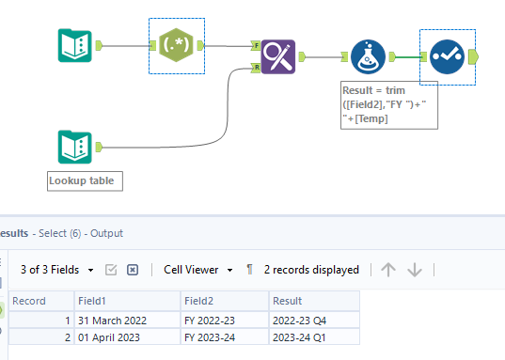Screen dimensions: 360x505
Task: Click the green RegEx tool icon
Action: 176,45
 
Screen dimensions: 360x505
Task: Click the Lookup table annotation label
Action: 85,180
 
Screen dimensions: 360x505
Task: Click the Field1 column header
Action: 126,301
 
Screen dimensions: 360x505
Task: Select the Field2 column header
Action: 224,301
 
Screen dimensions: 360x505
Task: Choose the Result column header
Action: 312,301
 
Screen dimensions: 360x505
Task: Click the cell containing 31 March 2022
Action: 126,319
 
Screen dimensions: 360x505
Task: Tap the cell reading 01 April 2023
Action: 126,337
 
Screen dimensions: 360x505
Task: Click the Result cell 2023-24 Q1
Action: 312,337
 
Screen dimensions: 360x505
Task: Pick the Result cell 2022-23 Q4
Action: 312,319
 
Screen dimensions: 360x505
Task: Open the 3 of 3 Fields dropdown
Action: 57,269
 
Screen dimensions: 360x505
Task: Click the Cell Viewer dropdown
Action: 197,269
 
